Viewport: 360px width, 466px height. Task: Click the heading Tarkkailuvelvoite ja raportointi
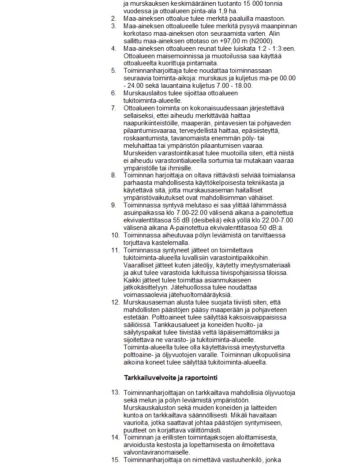170,378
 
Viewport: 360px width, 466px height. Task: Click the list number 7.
113,108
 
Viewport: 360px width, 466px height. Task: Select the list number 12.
115,303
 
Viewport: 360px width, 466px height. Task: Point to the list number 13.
115,392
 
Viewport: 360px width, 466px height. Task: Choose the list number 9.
113,205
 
